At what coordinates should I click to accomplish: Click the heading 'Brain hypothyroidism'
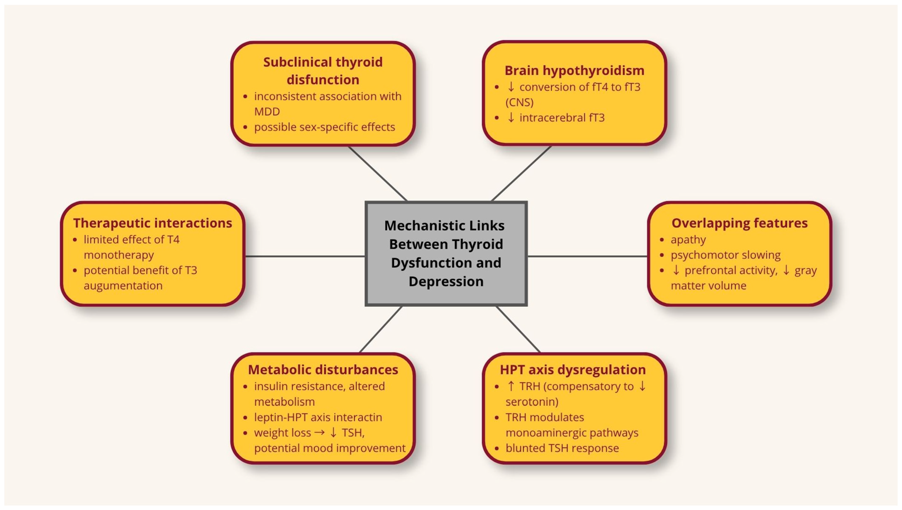pos(574,70)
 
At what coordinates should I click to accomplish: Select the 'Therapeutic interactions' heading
pos(152,223)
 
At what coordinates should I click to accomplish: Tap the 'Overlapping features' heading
pos(739,223)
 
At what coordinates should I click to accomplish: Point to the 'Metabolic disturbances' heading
pos(323,370)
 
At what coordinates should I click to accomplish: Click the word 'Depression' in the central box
pos(446,281)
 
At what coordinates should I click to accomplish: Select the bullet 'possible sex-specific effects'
pos(325,127)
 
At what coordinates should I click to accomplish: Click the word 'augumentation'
pos(123,286)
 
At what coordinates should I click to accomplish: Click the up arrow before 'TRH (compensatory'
pos(511,386)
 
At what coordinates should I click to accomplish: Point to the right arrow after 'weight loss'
pos(319,433)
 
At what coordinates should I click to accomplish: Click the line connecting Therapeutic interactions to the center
pos(305,256)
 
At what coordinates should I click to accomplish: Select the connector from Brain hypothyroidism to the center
pos(521,173)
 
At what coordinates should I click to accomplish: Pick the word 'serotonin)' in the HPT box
pos(532,402)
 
